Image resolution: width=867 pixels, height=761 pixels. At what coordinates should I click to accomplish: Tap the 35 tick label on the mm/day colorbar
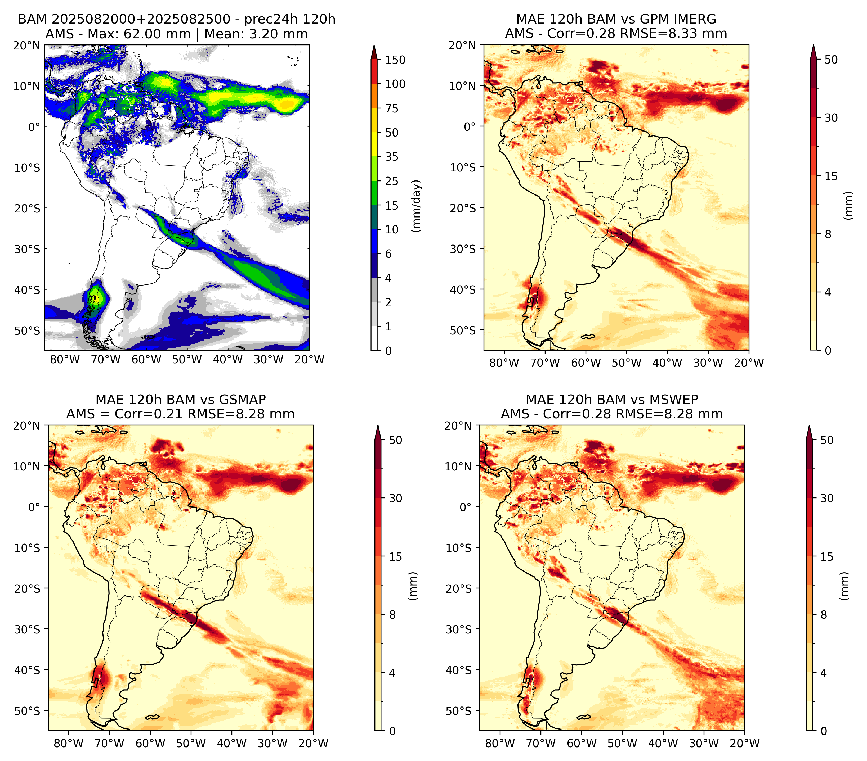pos(392,157)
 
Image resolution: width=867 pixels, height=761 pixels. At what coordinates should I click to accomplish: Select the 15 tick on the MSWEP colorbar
pos(827,557)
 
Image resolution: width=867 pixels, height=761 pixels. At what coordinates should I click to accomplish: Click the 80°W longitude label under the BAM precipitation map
pos(65,359)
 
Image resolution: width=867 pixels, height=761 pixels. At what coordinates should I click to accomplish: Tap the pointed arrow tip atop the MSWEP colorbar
pos(809,426)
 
